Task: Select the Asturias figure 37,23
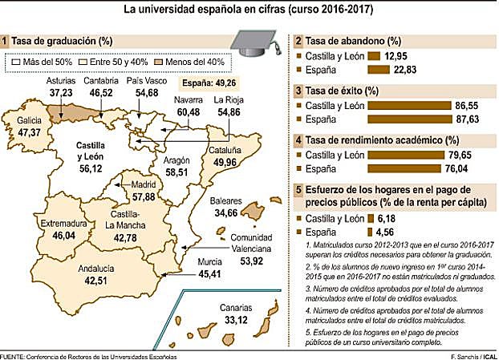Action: click(62, 94)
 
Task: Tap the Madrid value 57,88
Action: click(145, 196)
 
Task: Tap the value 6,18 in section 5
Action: click(390, 218)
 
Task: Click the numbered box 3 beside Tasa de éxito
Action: click(298, 91)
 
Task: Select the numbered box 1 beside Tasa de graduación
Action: click(6, 40)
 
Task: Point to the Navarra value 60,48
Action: click(188, 111)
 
